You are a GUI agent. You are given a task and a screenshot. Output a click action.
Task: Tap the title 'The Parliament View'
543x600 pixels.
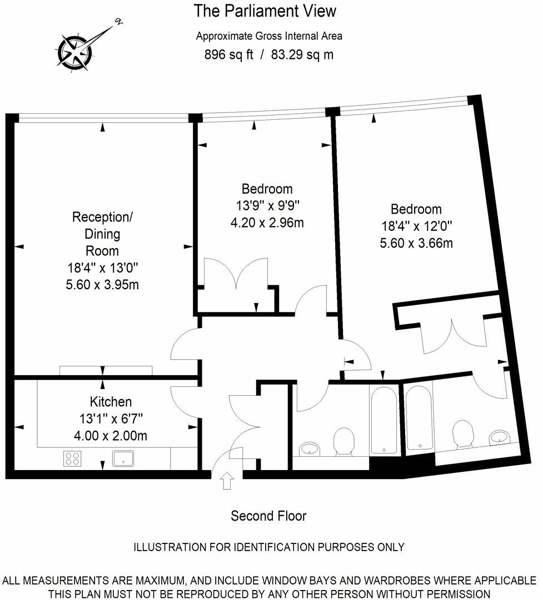pos(265,11)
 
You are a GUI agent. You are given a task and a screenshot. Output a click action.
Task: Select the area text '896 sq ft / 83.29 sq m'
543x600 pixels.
pos(270,54)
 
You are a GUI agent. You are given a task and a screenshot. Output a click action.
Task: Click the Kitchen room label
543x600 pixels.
pos(111,401)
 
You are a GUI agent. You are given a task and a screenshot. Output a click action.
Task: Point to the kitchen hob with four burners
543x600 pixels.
pos(72,458)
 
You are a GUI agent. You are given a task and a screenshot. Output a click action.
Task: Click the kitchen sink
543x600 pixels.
pos(123,458)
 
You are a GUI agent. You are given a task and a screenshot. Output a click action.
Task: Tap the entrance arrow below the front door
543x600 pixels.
pos(226,480)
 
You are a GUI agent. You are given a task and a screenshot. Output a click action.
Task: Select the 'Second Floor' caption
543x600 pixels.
pos(268,516)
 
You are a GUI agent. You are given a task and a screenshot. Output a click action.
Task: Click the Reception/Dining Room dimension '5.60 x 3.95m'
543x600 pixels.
pos(102,285)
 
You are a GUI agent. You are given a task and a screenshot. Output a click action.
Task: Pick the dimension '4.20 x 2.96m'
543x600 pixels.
pos(267,223)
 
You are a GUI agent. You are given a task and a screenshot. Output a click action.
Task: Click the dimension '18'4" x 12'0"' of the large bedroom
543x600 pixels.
pos(416,226)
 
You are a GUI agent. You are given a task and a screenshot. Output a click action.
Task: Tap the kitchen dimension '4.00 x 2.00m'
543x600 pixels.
pos(111,436)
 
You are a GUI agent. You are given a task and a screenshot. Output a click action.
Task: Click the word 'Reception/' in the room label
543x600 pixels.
pos(102,216)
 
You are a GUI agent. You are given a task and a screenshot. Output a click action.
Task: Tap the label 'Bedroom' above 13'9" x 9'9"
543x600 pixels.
pos(267,189)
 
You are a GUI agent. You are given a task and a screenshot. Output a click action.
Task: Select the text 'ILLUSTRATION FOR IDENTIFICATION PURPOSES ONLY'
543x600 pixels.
pos(269,547)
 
